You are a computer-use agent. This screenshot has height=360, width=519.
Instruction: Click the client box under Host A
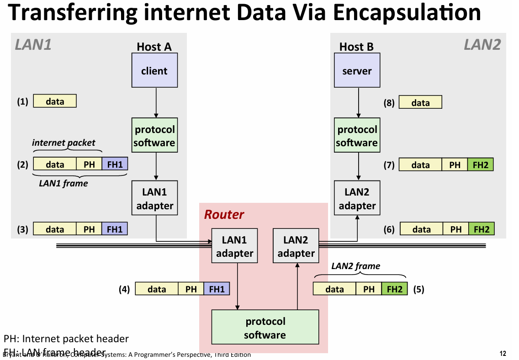click(x=154, y=71)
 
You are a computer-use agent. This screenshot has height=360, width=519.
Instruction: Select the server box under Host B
click(x=357, y=71)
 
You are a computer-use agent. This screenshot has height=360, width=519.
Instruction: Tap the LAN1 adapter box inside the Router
click(x=234, y=247)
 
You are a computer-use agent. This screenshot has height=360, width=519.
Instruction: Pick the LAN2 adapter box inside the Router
click(x=296, y=247)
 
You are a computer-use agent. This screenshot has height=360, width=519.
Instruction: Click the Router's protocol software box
click(x=265, y=328)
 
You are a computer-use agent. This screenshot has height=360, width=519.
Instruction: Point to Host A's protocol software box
click(x=154, y=136)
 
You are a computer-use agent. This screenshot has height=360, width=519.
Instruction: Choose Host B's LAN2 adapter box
click(x=357, y=199)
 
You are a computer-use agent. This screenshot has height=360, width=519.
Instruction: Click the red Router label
click(x=224, y=214)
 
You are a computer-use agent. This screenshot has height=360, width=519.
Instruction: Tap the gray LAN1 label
click(x=33, y=45)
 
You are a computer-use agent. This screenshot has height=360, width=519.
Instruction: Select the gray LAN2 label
click(x=482, y=45)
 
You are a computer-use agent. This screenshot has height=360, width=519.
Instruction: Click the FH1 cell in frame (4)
click(x=217, y=289)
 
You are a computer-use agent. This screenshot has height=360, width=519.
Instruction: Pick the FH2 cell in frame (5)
click(x=394, y=289)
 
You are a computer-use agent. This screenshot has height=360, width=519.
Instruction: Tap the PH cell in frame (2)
click(x=89, y=164)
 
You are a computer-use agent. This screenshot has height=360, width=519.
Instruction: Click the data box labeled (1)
click(x=55, y=101)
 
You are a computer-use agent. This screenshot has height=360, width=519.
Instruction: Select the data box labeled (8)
click(x=420, y=103)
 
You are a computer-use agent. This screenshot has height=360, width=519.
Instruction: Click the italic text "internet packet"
click(x=64, y=143)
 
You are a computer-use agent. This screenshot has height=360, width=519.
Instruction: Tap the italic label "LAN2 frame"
click(x=355, y=266)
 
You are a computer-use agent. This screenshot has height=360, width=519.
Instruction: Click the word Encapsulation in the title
click(x=407, y=13)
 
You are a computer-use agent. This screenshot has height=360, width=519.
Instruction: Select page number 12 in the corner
click(x=503, y=354)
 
